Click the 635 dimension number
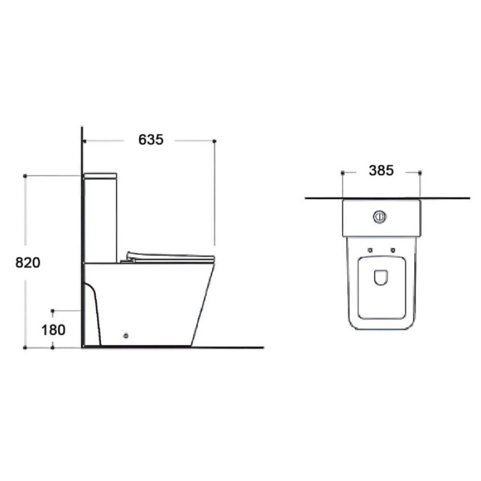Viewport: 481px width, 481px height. coord(151,140)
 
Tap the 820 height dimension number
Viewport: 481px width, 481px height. coord(28,263)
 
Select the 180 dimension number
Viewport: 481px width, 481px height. coord(53,330)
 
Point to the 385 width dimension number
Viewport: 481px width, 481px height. coord(381,170)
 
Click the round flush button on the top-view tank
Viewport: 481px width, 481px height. coord(380,217)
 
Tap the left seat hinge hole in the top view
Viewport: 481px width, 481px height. coord(370,250)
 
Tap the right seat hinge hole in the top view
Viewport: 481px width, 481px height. coord(393,250)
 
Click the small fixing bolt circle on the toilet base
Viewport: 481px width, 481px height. coord(126,336)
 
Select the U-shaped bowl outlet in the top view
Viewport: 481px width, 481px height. coord(381,277)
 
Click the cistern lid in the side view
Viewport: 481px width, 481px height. coord(100,176)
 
